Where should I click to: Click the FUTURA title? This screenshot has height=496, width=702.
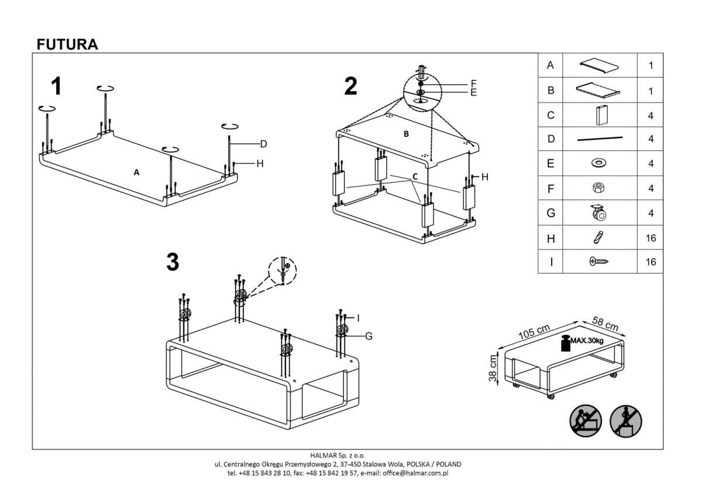(x=67, y=44)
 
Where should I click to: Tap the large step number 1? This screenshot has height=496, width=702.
(x=56, y=87)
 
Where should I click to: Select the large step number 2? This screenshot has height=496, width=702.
(x=350, y=87)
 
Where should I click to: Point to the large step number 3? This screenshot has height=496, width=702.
(x=173, y=263)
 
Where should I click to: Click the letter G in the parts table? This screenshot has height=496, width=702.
(x=550, y=213)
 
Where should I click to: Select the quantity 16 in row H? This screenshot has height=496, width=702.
(x=651, y=238)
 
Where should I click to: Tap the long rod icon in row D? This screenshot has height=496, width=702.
(x=600, y=139)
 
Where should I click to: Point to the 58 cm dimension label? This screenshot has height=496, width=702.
(x=605, y=323)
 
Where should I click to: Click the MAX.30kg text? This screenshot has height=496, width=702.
(x=587, y=340)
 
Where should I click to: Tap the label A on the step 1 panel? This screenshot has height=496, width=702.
(x=136, y=173)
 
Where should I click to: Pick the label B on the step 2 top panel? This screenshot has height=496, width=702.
(x=406, y=134)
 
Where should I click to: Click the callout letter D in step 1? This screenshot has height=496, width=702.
(x=263, y=144)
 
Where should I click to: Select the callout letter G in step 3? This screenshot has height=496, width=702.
(x=369, y=336)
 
